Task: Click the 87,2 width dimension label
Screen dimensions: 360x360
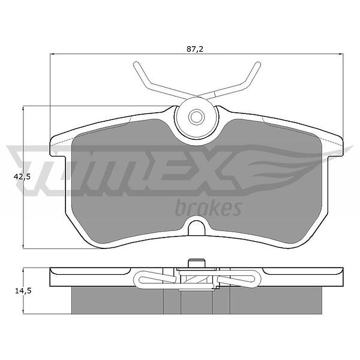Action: pyautogui.click(x=195, y=49)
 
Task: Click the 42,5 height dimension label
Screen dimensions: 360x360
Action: pyautogui.click(x=22, y=177)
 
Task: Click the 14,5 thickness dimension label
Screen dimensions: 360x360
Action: pyautogui.click(x=23, y=291)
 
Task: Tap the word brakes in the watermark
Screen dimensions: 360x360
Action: pyautogui.click(x=208, y=208)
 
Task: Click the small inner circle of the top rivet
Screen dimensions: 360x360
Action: pyautogui.click(x=196, y=117)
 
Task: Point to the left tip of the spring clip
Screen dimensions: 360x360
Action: pyautogui.click(x=136, y=64)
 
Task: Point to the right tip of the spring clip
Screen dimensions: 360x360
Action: pyautogui.click(x=258, y=64)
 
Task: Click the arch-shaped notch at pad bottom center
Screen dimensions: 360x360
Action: pyautogui.click(x=196, y=228)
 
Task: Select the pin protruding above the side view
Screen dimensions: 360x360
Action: pyautogui.click(x=196, y=263)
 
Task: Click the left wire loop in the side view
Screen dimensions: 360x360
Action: pyautogui.click(x=155, y=279)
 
